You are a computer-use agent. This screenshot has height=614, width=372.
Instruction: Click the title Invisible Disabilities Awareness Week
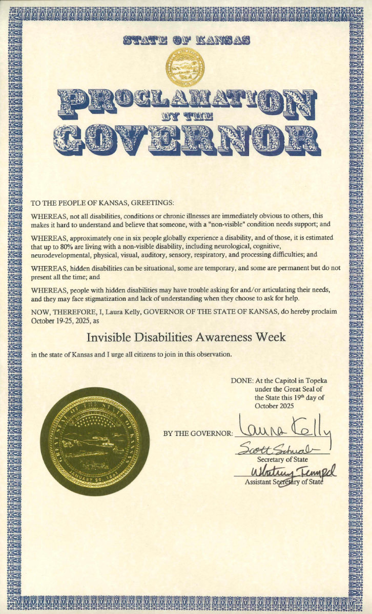185,338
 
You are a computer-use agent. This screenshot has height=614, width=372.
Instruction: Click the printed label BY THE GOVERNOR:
198,433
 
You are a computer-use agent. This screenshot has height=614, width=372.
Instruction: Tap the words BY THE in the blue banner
185,116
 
